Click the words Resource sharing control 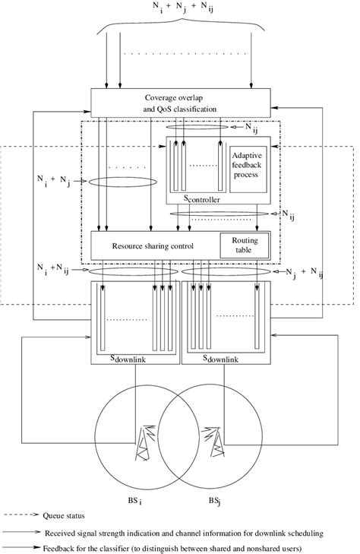click(153, 246)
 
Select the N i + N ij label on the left click(55, 270)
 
